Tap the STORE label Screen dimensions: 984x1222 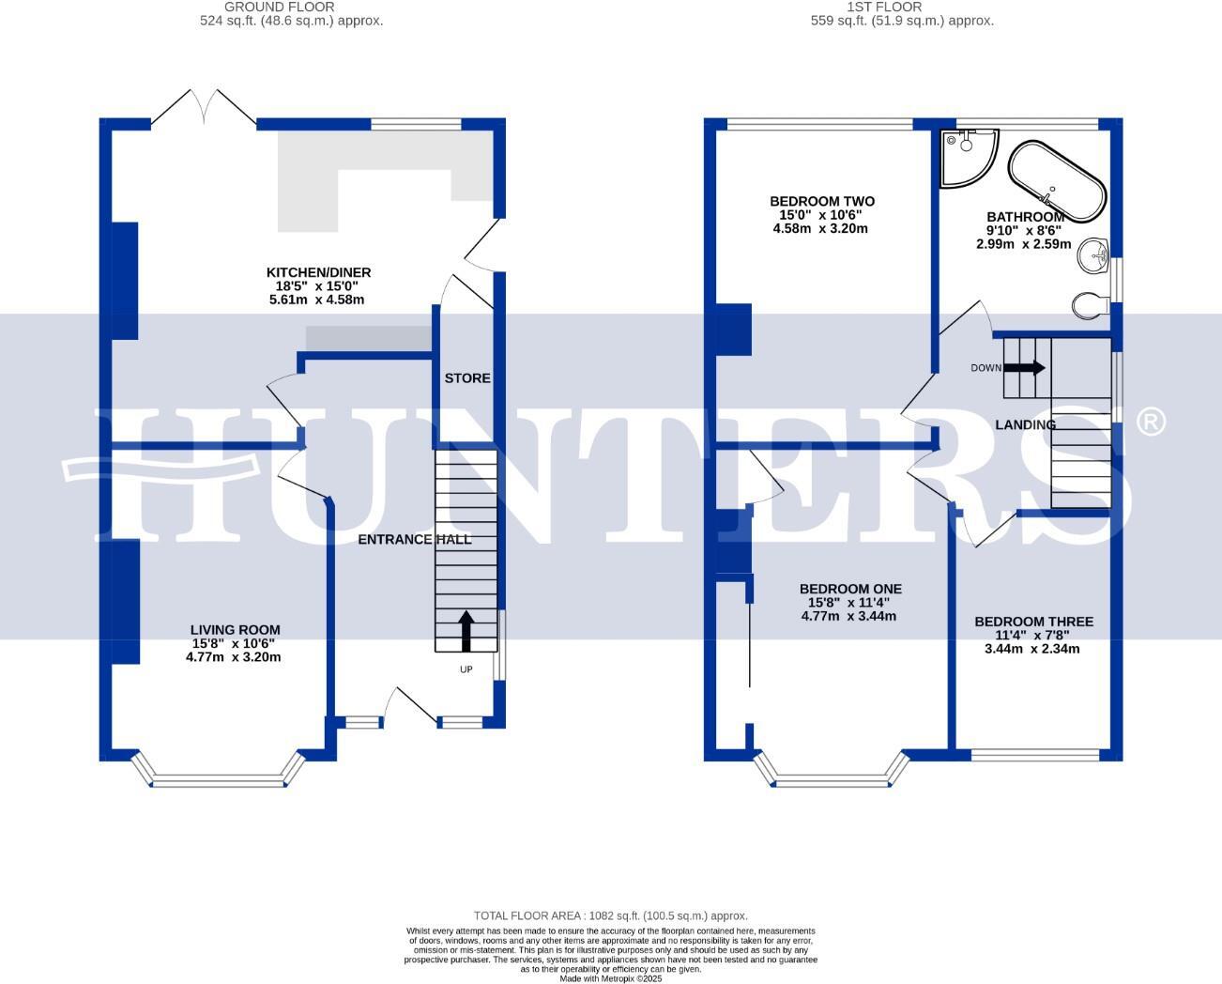coord(467,378)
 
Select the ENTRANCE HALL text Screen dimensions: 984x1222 coord(415,539)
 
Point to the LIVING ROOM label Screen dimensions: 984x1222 coord(235,630)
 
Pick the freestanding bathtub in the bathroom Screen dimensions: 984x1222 coord(1058,181)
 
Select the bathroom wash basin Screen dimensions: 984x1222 coord(1093,255)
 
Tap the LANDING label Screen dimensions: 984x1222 coord(1025,424)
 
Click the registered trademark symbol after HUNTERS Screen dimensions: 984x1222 coord(1151,422)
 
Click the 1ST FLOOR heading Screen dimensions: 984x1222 coord(870,7)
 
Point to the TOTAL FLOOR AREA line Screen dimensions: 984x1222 coord(610,915)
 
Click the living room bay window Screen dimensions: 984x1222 coord(219,779)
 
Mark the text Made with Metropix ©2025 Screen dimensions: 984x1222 coord(611,978)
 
